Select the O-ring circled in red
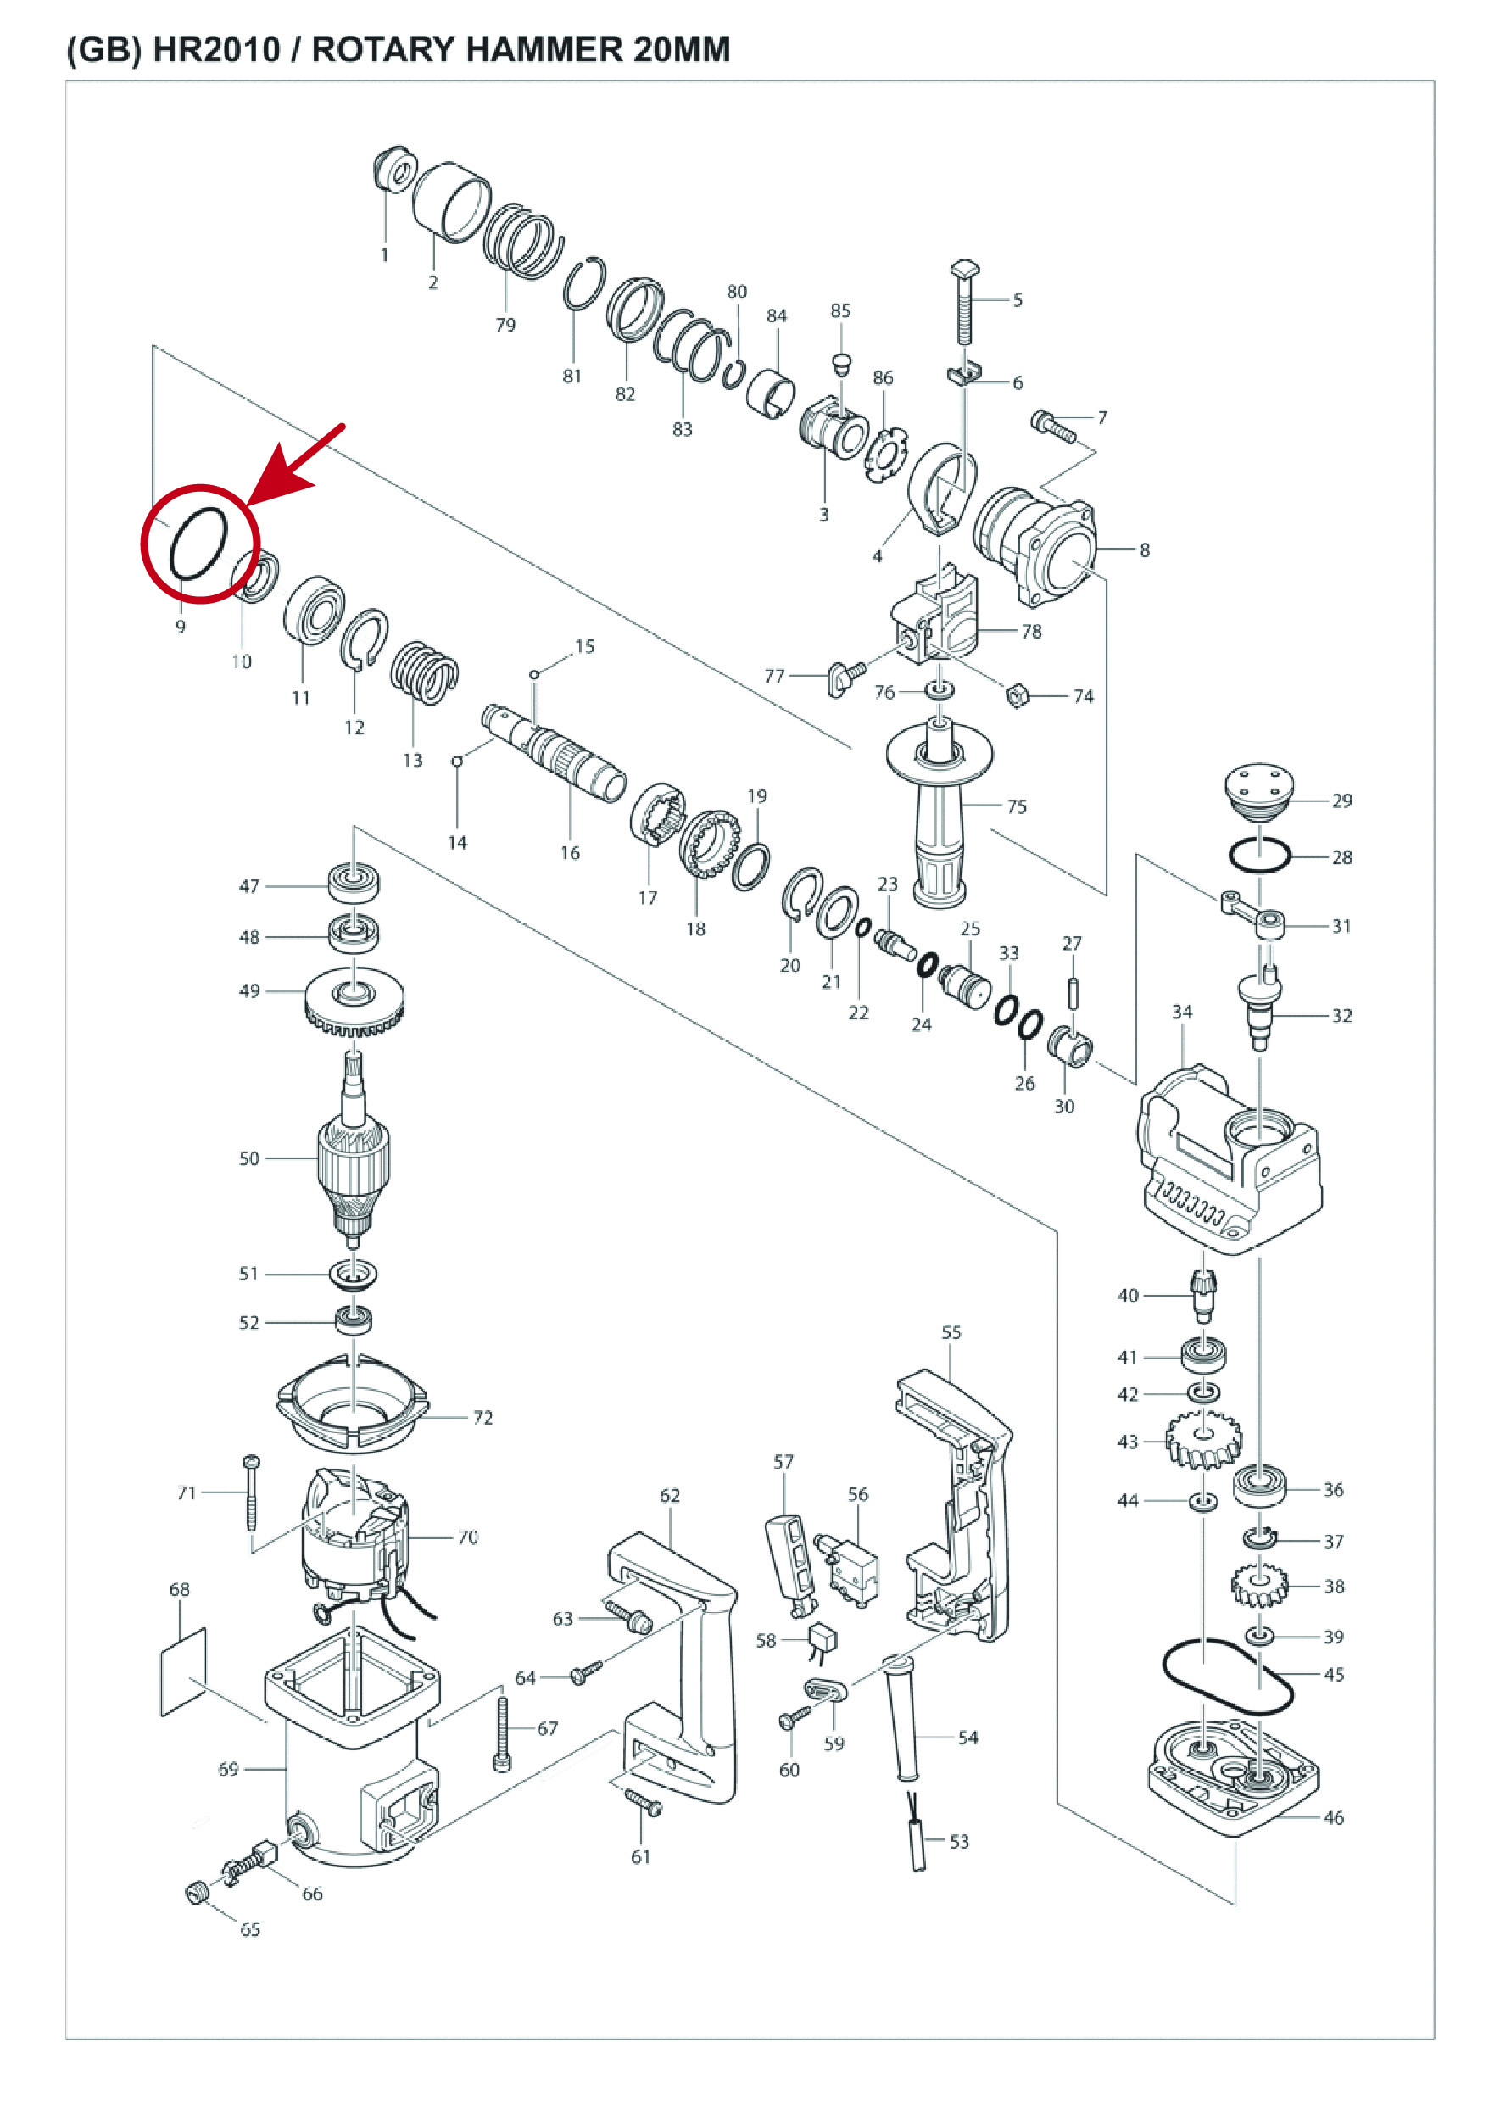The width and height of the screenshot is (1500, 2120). point(173,552)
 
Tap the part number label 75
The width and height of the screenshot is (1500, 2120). point(1017,806)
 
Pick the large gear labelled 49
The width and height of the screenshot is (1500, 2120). point(354,1001)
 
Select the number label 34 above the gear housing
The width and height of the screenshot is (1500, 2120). point(1182,1012)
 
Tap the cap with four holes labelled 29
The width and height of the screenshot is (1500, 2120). point(1258,792)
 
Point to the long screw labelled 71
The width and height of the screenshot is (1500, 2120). point(251,1492)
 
